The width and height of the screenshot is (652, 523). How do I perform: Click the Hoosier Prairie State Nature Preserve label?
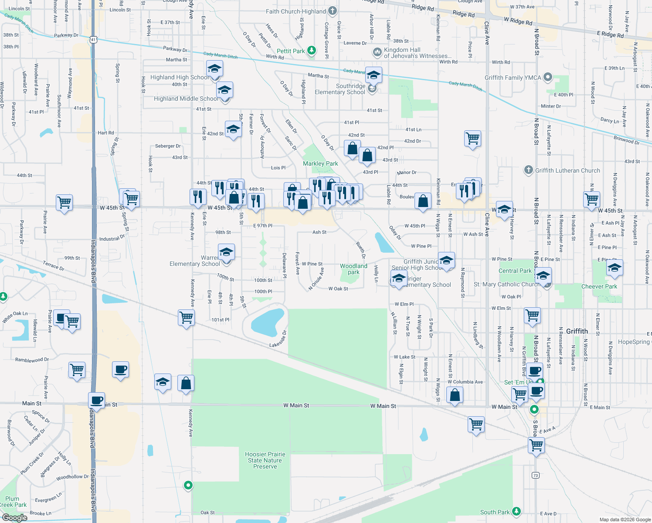[265, 460]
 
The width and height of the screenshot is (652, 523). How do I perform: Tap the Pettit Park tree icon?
[311, 51]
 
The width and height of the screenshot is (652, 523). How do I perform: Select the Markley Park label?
[320, 163]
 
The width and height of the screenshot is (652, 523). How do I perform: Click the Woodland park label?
[353, 269]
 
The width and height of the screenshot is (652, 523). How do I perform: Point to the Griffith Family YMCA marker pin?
[548, 78]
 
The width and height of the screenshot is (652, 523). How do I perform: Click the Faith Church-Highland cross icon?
[332, 11]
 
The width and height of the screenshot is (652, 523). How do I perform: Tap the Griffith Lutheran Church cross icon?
[528, 170]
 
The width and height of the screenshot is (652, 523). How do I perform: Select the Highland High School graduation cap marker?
[214, 69]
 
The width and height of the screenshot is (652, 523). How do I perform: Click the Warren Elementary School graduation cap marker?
[226, 252]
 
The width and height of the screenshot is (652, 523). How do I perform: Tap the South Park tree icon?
[516, 511]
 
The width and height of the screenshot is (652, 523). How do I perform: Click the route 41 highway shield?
[93, 40]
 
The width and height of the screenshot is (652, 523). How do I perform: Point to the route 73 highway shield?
[536, 475]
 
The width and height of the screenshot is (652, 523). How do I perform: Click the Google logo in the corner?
[14, 517]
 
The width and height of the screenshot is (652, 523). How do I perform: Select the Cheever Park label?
[599, 286]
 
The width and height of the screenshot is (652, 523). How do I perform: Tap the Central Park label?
[515, 271]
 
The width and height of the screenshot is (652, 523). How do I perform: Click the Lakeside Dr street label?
[278, 339]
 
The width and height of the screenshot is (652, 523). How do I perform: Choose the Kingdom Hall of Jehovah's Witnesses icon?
[377, 52]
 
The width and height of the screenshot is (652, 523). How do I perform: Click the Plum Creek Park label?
[13, 502]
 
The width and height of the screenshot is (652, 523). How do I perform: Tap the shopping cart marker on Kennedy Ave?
[186, 318]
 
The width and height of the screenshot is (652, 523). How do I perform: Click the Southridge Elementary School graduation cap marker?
[374, 76]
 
